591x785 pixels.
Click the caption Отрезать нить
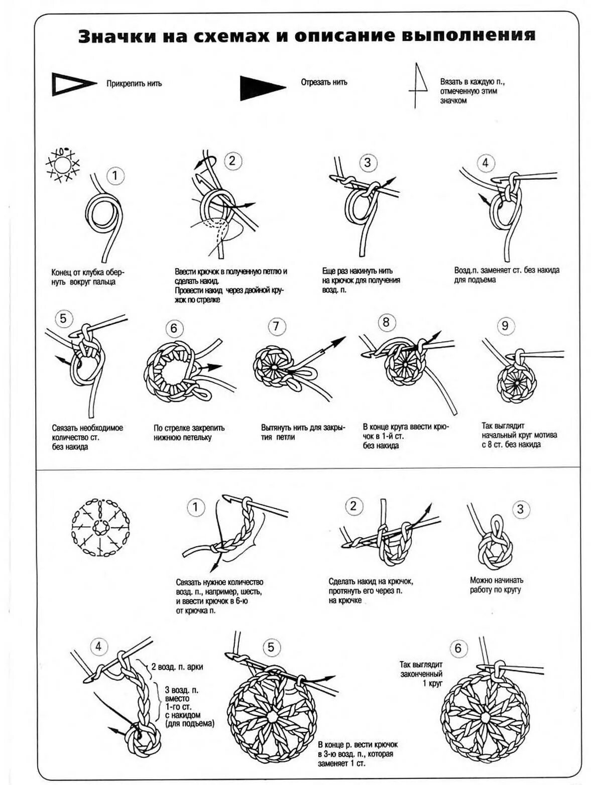[324, 82]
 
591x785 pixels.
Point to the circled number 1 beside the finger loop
[115, 176]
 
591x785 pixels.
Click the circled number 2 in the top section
[232, 161]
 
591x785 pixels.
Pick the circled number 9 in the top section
[505, 326]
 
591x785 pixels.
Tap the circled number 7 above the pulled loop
[276, 326]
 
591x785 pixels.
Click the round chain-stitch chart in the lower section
[100, 528]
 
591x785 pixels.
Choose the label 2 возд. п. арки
[177, 667]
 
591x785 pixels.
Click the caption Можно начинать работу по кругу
[496, 585]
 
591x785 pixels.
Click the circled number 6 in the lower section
[457, 648]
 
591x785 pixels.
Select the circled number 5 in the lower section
[271, 647]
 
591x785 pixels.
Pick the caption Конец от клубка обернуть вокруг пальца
[87, 277]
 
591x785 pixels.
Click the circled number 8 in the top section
[386, 322]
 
